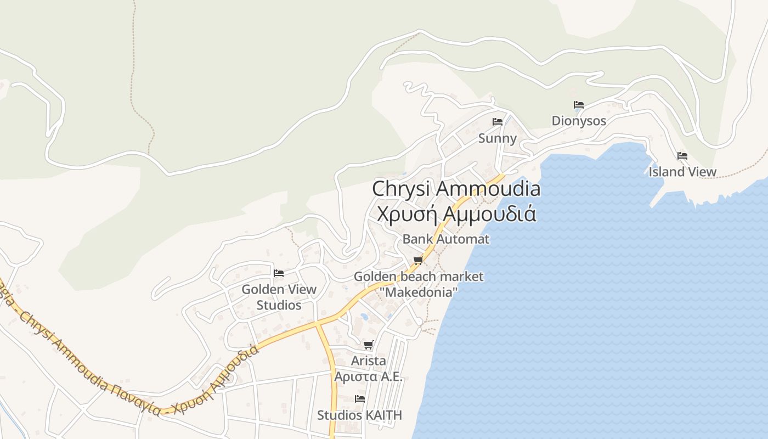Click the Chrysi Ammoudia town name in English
click(456, 189)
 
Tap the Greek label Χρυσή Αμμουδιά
click(456, 213)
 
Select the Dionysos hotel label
click(579, 121)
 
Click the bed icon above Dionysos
click(579, 105)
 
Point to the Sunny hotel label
click(497, 138)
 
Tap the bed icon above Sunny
click(498, 122)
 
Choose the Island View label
click(682, 172)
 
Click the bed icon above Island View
click(682, 156)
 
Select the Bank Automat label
click(446, 239)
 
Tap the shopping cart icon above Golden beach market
click(419, 260)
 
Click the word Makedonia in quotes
click(420, 292)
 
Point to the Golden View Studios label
click(279, 297)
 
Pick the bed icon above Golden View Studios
click(279, 273)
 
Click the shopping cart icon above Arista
click(368, 345)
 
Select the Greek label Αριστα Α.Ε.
click(368, 377)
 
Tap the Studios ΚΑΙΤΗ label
click(359, 415)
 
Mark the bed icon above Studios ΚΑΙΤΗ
click(360, 399)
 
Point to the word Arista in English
click(368, 361)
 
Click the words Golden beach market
click(419, 277)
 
